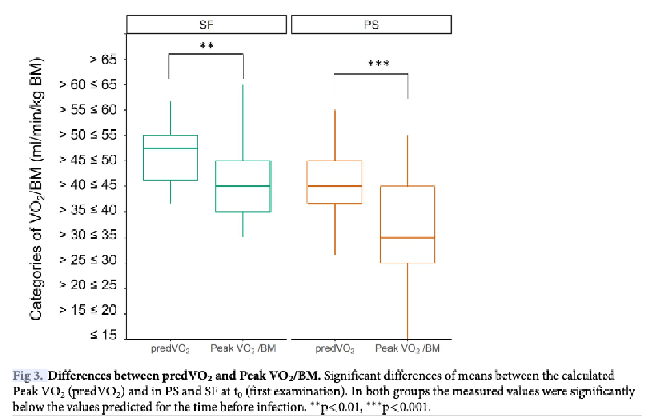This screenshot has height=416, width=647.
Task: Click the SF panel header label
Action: pyautogui.click(x=207, y=25)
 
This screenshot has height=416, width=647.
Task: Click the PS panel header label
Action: pyautogui.click(x=371, y=25)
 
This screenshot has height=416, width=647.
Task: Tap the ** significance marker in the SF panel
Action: pyautogui.click(x=207, y=47)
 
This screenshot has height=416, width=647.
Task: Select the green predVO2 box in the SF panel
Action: pyautogui.click(x=170, y=164)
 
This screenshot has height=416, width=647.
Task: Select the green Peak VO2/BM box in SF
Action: pyautogui.click(x=243, y=198)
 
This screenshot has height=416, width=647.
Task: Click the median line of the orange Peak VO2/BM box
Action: pyautogui.click(x=408, y=237)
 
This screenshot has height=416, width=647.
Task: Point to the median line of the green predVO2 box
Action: pyautogui.click(x=170, y=148)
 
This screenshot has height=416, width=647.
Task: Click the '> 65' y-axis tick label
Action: pyautogui.click(x=103, y=60)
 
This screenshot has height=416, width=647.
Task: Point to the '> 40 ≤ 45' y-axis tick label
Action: pyautogui.click(x=89, y=185)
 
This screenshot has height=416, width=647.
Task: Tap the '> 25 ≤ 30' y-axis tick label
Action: pyautogui.click(x=89, y=261)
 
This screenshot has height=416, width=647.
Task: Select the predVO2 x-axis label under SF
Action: pyautogui.click(x=170, y=350)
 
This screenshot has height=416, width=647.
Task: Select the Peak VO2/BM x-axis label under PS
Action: pyautogui.click(x=408, y=350)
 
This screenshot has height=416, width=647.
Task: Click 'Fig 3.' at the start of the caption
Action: pyautogui.click(x=29, y=376)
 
